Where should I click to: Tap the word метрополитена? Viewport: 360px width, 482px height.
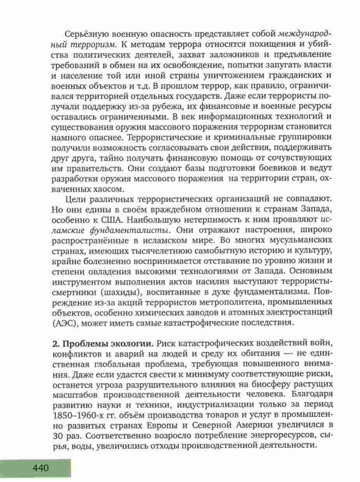click(x=189, y=302)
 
